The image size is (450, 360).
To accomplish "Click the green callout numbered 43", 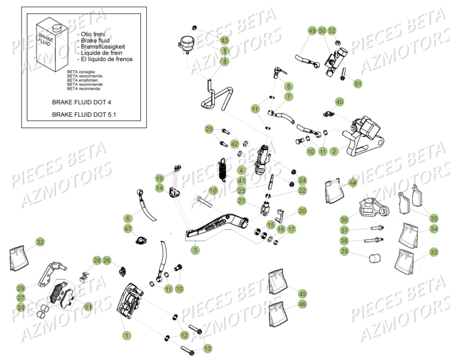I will pyautogui.click(x=225, y=40).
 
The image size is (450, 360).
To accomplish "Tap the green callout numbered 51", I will pyautogui.click(x=358, y=84).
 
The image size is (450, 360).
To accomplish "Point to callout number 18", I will pyautogui.click(x=213, y=190).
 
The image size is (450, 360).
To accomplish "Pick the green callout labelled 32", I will pyautogui.click(x=40, y=242).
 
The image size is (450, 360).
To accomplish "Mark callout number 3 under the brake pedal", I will pyautogui.click(x=195, y=250).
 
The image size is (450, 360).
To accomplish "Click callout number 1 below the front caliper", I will pyautogui.click(x=126, y=336).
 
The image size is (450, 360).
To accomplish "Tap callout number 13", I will pyautogui.click(x=208, y=348).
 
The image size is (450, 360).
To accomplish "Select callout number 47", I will pyautogui.click(x=128, y=229).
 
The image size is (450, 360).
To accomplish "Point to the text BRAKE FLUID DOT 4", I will pyautogui.click(x=81, y=102).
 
